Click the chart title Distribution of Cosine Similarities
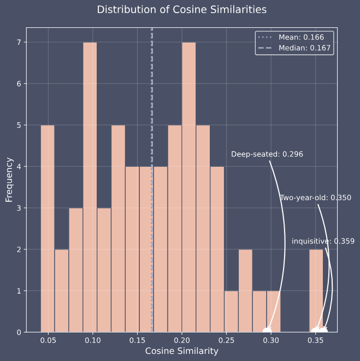182,10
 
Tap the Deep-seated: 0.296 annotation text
267,154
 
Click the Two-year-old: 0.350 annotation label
315,197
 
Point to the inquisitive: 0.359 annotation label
323,241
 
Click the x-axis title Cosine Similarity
182,351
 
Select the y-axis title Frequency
9,179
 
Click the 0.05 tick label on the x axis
48,340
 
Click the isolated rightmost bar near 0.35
316,290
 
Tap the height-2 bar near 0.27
245,290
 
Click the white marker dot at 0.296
267,331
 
